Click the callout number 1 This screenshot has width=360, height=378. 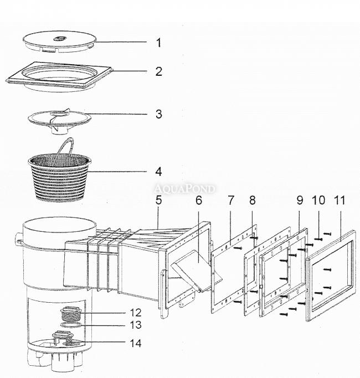(158, 43)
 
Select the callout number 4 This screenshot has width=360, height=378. (158, 172)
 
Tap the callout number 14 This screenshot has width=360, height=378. (136, 343)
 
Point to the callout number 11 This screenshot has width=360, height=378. (340, 200)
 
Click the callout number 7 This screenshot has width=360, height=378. (231, 200)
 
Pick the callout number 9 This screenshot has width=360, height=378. (300, 200)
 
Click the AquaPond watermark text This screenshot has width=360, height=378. (184, 189)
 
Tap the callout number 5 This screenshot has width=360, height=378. (158, 200)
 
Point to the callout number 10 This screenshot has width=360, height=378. (318, 200)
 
